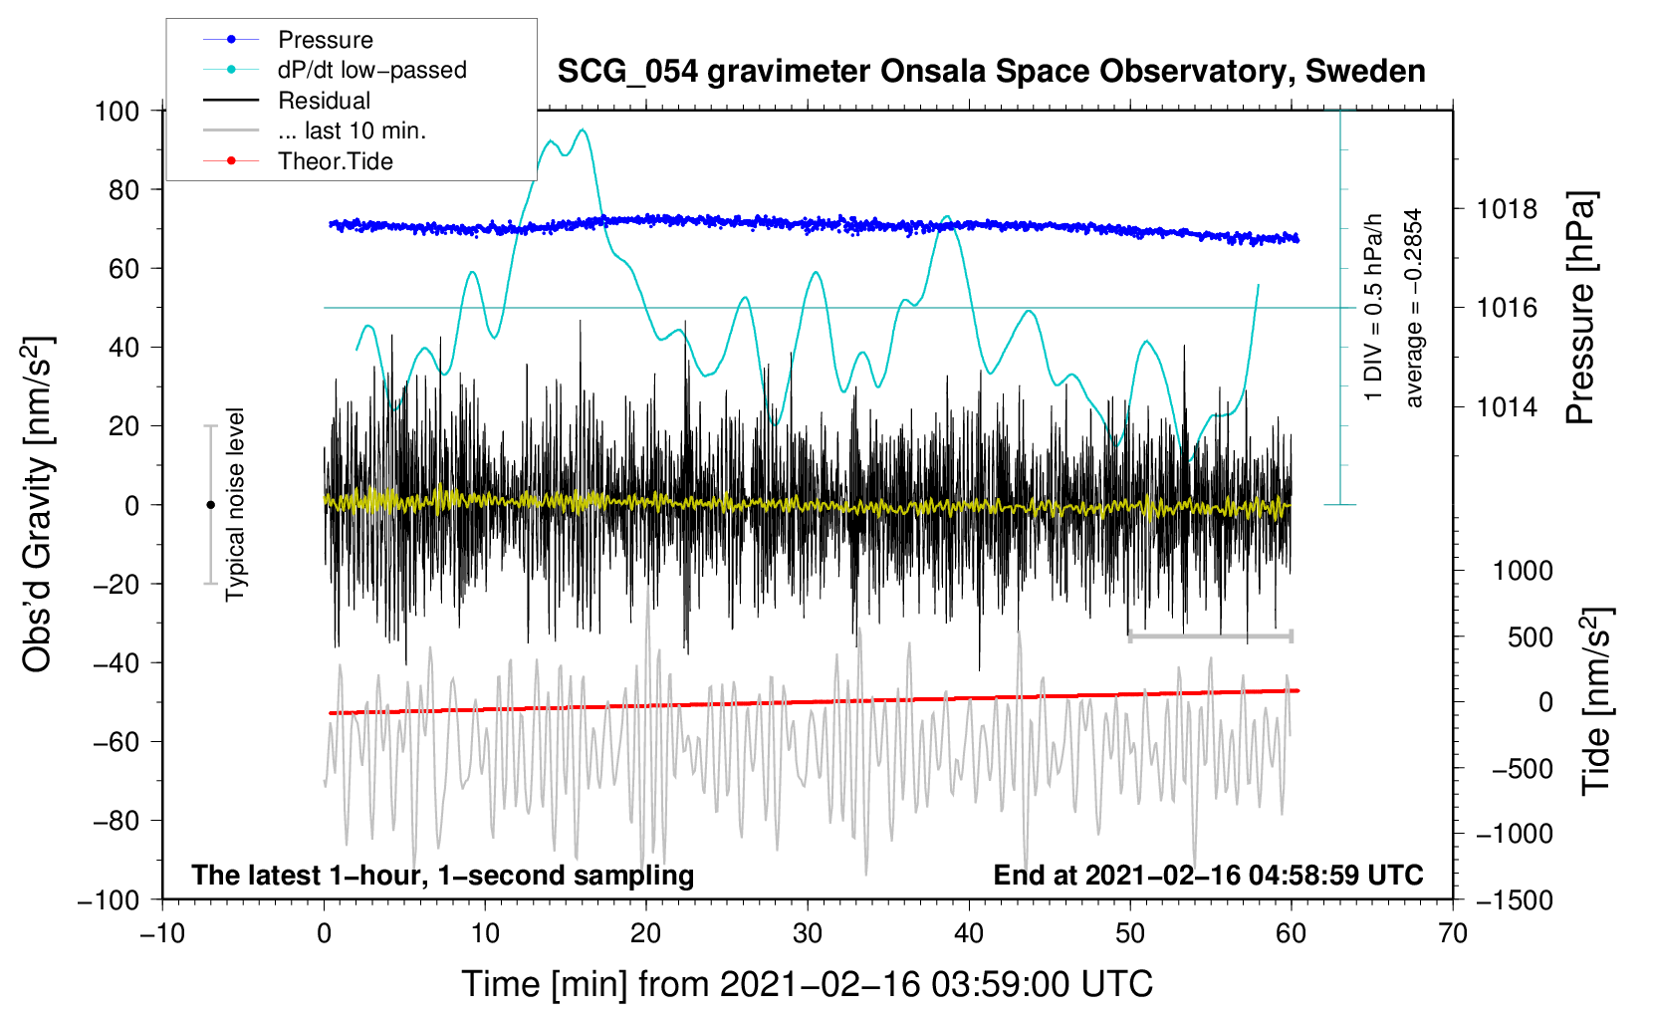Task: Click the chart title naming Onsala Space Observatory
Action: tap(991, 72)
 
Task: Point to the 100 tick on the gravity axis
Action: tap(117, 111)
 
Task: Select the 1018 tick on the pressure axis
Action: tap(1507, 209)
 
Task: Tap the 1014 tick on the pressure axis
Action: tap(1507, 406)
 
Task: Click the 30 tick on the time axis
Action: tap(808, 933)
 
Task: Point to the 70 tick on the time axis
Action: tap(1453, 933)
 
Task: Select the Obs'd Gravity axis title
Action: tap(38, 504)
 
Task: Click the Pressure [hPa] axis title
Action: tap(1580, 308)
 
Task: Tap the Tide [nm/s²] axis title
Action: tap(1596, 701)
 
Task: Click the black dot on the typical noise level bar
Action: tap(210, 505)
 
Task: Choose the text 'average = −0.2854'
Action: tap(1414, 308)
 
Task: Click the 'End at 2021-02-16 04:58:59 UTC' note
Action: tap(1208, 876)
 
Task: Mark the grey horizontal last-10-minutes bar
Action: tap(1210, 635)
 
